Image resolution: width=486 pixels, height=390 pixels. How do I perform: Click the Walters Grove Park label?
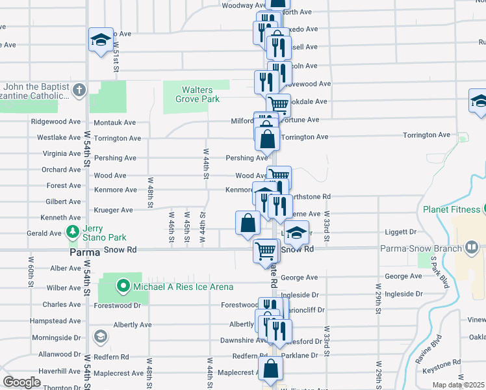(x=197, y=94)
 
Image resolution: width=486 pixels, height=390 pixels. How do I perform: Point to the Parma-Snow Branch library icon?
(x=471, y=248)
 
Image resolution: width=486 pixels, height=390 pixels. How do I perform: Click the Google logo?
(x=21, y=382)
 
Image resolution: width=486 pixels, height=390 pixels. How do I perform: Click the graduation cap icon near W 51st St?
(x=101, y=40)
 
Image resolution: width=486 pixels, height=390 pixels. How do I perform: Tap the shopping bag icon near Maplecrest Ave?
(x=270, y=369)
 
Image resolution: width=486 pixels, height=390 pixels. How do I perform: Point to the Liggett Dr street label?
(x=400, y=231)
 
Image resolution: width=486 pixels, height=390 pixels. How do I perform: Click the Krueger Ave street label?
(x=113, y=210)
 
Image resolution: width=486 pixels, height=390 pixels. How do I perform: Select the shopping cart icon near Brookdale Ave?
(x=278, y=103)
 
